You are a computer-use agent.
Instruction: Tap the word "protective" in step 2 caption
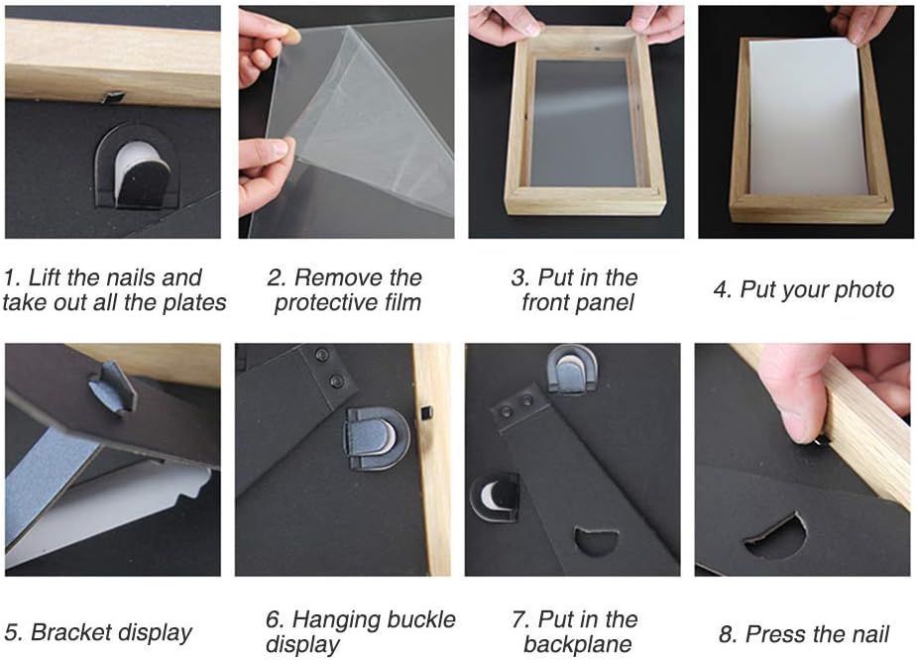(320, 303)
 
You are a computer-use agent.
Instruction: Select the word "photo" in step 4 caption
(864, 290)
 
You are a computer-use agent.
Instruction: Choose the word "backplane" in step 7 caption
(578, 644)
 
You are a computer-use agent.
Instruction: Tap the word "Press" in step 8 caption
(774, 634)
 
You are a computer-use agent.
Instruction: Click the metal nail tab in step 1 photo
(113, 96)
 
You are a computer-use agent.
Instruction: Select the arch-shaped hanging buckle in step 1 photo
(136, 167)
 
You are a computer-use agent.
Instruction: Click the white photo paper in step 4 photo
(808, 117)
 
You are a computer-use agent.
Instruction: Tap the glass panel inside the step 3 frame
(579, 123)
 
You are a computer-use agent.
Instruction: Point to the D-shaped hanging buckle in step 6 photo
(375, 438)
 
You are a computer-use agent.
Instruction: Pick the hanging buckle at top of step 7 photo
(571, 370)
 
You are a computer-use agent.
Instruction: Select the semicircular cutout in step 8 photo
(776, 536)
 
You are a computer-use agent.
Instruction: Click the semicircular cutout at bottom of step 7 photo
(597, 541)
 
